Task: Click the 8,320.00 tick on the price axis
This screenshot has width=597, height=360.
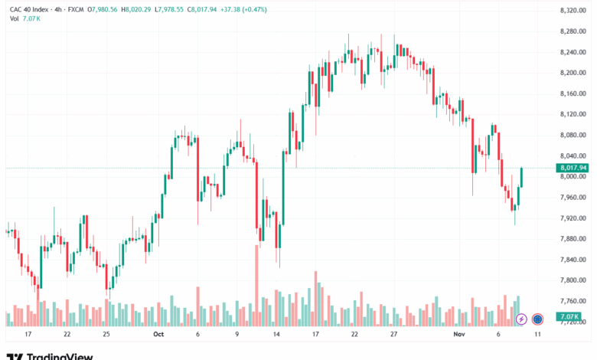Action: click(573, 10)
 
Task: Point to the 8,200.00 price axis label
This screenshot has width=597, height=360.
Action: click(573, 73)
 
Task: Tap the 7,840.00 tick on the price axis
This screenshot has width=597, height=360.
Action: click(573, 260)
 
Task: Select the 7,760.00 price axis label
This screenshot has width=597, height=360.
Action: click(573, 301)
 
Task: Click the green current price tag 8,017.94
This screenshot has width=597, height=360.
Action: click(573, 168)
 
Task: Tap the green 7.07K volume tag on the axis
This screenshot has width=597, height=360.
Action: click(569, 316)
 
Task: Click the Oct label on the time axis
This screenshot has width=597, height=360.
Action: click(158, 335)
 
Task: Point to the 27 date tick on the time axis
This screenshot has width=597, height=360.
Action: click(393, 335)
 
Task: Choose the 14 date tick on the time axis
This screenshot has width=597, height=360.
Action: click(276, 335)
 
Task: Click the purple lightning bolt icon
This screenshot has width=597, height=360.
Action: click(521, 319)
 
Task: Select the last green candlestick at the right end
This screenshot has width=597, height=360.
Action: click(522, 177)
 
